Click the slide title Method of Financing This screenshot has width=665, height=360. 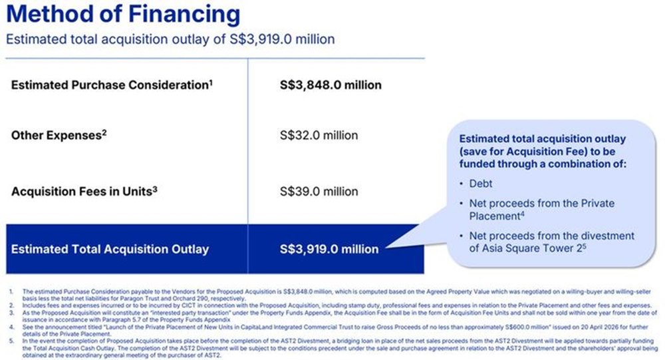(x=123, y=15)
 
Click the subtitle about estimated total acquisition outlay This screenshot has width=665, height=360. (x=170, y=39)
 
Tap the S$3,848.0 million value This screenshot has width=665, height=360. (x=331, y=85)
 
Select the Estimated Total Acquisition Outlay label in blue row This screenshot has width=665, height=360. (x=110, y=250)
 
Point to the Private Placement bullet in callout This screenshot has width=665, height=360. (x=541, y=209)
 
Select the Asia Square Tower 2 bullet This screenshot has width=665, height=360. (x=551, y=242)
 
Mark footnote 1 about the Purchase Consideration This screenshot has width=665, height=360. (x=332, y=295)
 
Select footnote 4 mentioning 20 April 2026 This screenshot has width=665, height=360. (x=332, y=331)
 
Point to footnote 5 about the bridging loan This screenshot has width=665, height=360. (x=332, y=345)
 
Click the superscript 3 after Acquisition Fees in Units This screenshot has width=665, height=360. (x=155, y=188)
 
